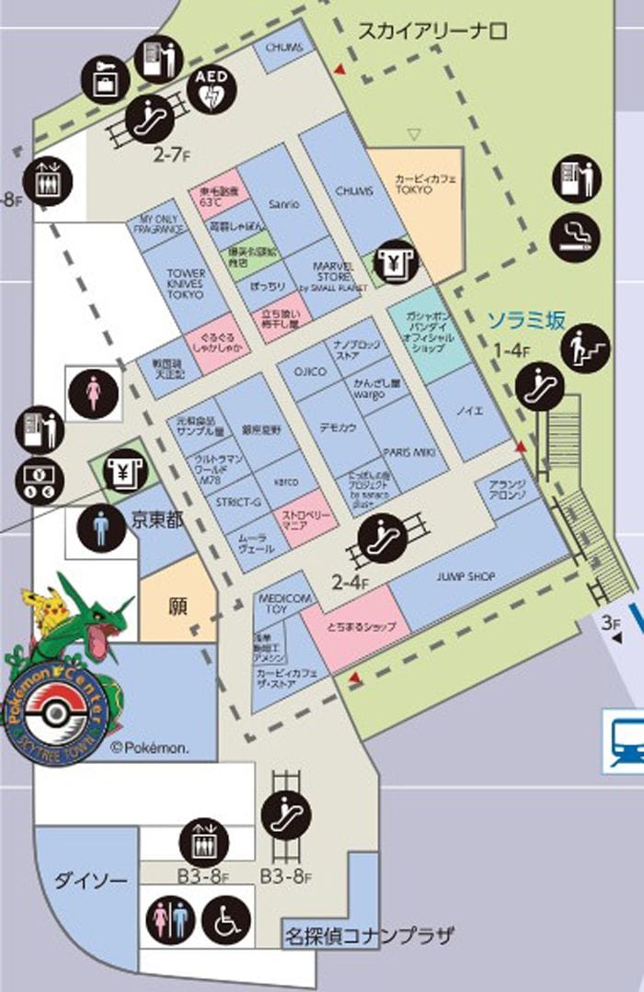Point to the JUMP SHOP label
(467, 576)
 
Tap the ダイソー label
(90, 880)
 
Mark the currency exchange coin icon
(37, 479)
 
